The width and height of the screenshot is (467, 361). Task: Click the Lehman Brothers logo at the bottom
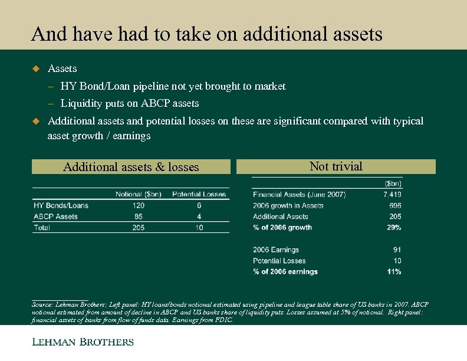83,342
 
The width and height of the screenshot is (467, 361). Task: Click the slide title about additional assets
207,34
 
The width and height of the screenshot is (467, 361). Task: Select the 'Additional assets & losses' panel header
131,167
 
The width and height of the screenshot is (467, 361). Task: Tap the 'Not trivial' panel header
336,166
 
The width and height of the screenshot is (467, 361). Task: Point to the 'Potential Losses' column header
199,194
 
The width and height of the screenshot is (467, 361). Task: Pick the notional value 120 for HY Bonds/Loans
139,205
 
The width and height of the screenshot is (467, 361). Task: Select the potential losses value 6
199,205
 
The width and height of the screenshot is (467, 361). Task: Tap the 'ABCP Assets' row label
55,216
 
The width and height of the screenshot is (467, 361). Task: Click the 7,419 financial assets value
392,194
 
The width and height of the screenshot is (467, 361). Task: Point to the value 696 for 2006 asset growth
395,205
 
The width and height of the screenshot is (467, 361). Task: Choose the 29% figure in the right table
394,227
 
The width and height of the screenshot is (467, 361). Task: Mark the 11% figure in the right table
394,271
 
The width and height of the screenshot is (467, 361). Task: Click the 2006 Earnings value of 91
397,250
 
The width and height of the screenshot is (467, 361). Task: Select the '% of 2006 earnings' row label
285,271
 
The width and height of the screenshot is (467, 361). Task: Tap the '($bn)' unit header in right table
393,183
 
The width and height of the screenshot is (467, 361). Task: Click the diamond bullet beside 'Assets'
35,69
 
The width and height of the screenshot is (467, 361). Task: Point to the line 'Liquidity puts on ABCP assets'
130,103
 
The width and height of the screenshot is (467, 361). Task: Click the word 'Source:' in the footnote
42,304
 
